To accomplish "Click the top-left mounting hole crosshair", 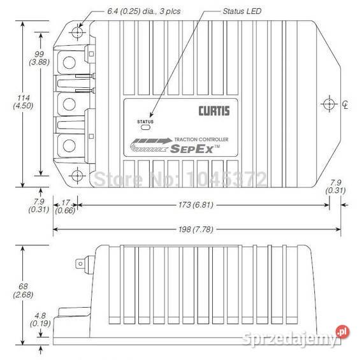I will tap(78, 31).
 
